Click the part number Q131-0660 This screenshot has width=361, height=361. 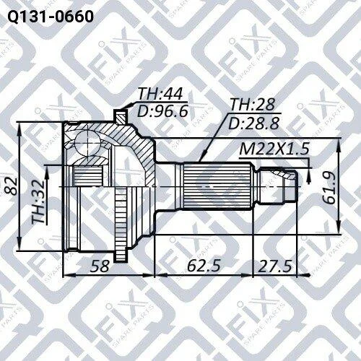pos(51,17)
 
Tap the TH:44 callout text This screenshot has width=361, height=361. pos(160,94)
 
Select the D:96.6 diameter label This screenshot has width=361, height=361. pos(162,111)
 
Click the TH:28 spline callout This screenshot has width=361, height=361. pos(253,105)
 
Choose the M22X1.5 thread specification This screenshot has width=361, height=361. pos(274,149)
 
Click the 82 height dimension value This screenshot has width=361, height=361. pos(11,186)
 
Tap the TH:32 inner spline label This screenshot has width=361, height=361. pos(38,201)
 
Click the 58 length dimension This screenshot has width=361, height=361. pos(100,266)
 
